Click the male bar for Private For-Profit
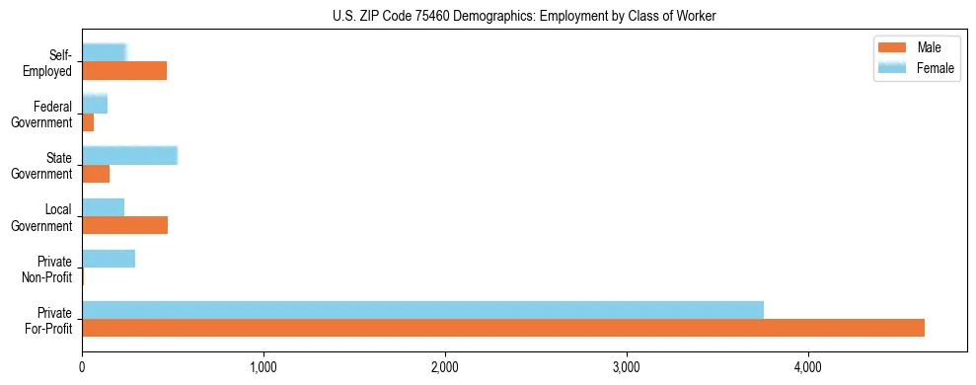503,328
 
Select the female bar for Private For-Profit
422,310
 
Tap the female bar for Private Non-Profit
109,259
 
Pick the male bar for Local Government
124,225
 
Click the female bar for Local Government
103,207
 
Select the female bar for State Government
129,156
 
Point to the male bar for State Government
96,174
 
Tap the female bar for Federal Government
95,105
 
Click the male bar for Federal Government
88,122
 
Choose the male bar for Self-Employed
124,71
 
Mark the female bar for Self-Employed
105,52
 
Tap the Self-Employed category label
49,62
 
